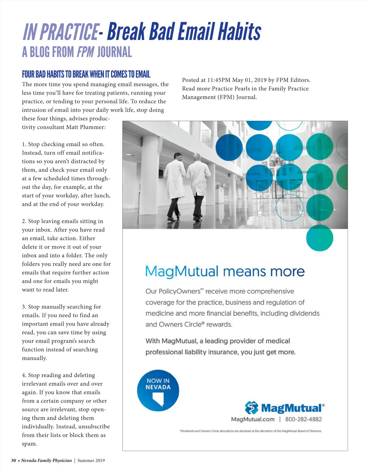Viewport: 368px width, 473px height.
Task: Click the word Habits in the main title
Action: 239,31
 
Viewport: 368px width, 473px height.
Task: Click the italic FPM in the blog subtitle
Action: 86,52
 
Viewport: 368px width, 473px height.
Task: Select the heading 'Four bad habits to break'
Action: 86,74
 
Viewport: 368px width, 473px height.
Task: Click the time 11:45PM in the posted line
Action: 219,80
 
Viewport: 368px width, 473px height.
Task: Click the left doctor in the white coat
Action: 176,184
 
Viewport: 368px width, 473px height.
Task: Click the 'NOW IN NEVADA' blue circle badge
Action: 158,390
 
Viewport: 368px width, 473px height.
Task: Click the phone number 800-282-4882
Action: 303,419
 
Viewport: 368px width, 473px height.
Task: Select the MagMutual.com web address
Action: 253,419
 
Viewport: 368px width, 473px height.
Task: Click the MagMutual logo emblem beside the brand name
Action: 252,408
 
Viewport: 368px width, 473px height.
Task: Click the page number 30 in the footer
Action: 13,460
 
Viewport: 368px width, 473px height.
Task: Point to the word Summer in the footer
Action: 86,460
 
